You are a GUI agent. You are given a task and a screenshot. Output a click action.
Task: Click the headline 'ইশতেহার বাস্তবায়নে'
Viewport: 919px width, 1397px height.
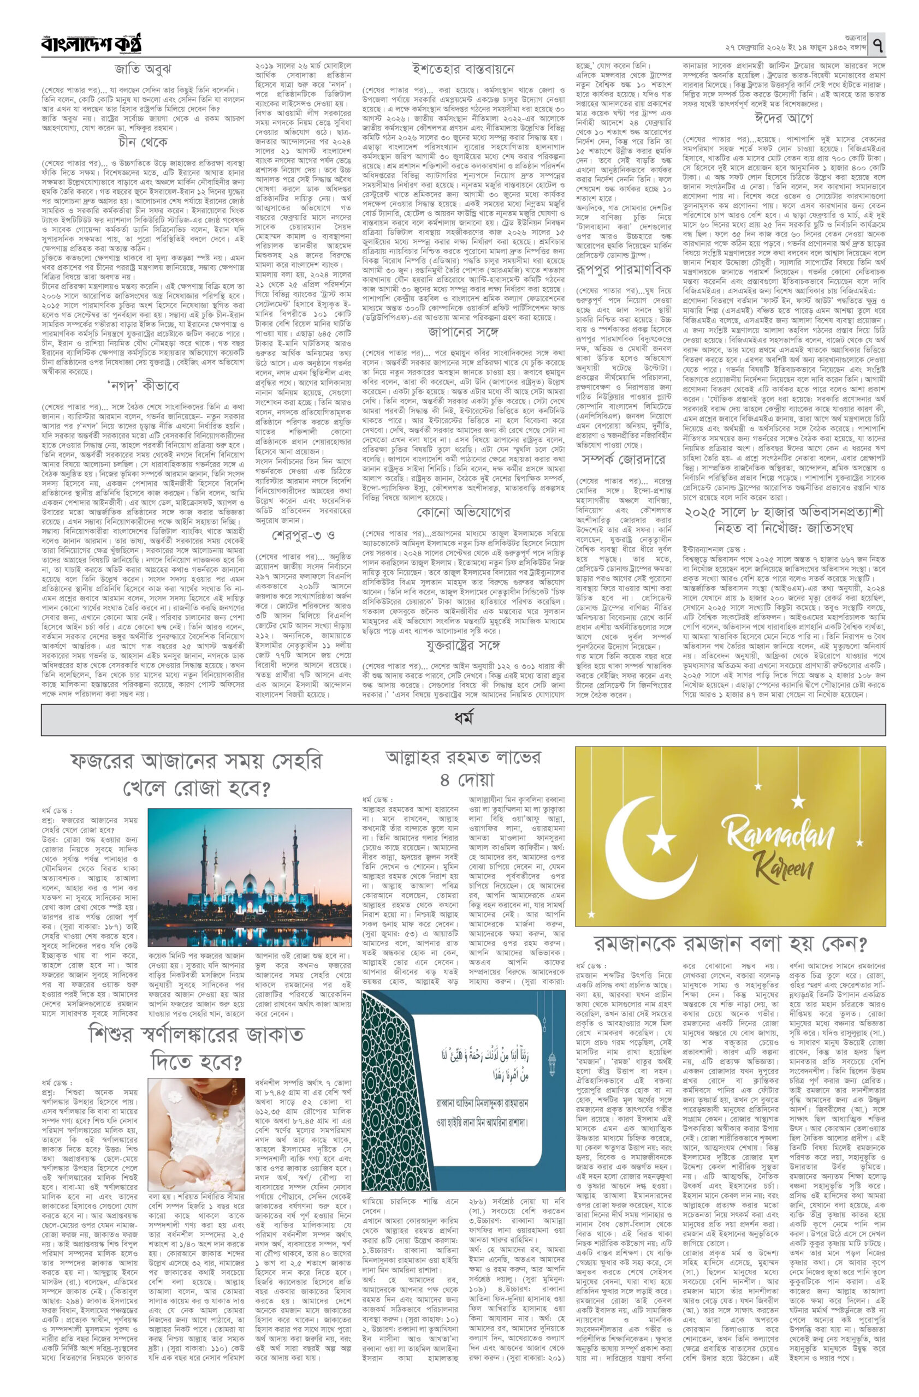click(462, 69)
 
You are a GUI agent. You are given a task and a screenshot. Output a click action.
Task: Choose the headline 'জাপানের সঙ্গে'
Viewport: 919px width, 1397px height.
click(463, 333)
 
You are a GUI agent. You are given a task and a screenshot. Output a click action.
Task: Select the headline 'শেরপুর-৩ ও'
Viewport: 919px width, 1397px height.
click(303, 536)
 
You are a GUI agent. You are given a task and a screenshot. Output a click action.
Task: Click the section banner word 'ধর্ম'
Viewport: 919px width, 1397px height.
click(463, 719)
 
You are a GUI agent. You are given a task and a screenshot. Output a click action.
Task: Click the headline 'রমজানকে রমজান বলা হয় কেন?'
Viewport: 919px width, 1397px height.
click(730, 944)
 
